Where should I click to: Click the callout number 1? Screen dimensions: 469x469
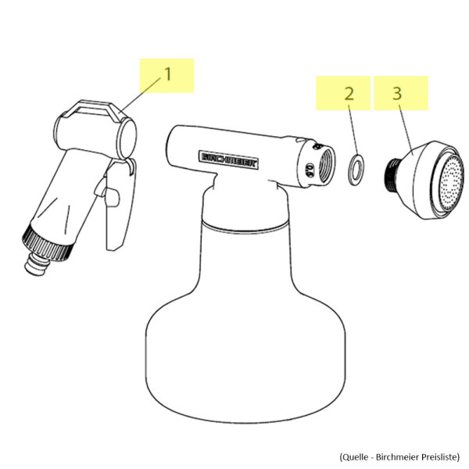(168, 74)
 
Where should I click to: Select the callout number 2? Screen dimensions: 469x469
(349, 94)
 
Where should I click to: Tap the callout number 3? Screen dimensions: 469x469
(396, 93)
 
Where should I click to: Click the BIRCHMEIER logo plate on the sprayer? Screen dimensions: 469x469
(228, 160)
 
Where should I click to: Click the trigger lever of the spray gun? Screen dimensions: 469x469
(118, 206)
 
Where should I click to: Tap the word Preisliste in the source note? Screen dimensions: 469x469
(439, 457)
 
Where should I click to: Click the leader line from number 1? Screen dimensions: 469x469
(141, 95)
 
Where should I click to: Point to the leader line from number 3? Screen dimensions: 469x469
(406, 129)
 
